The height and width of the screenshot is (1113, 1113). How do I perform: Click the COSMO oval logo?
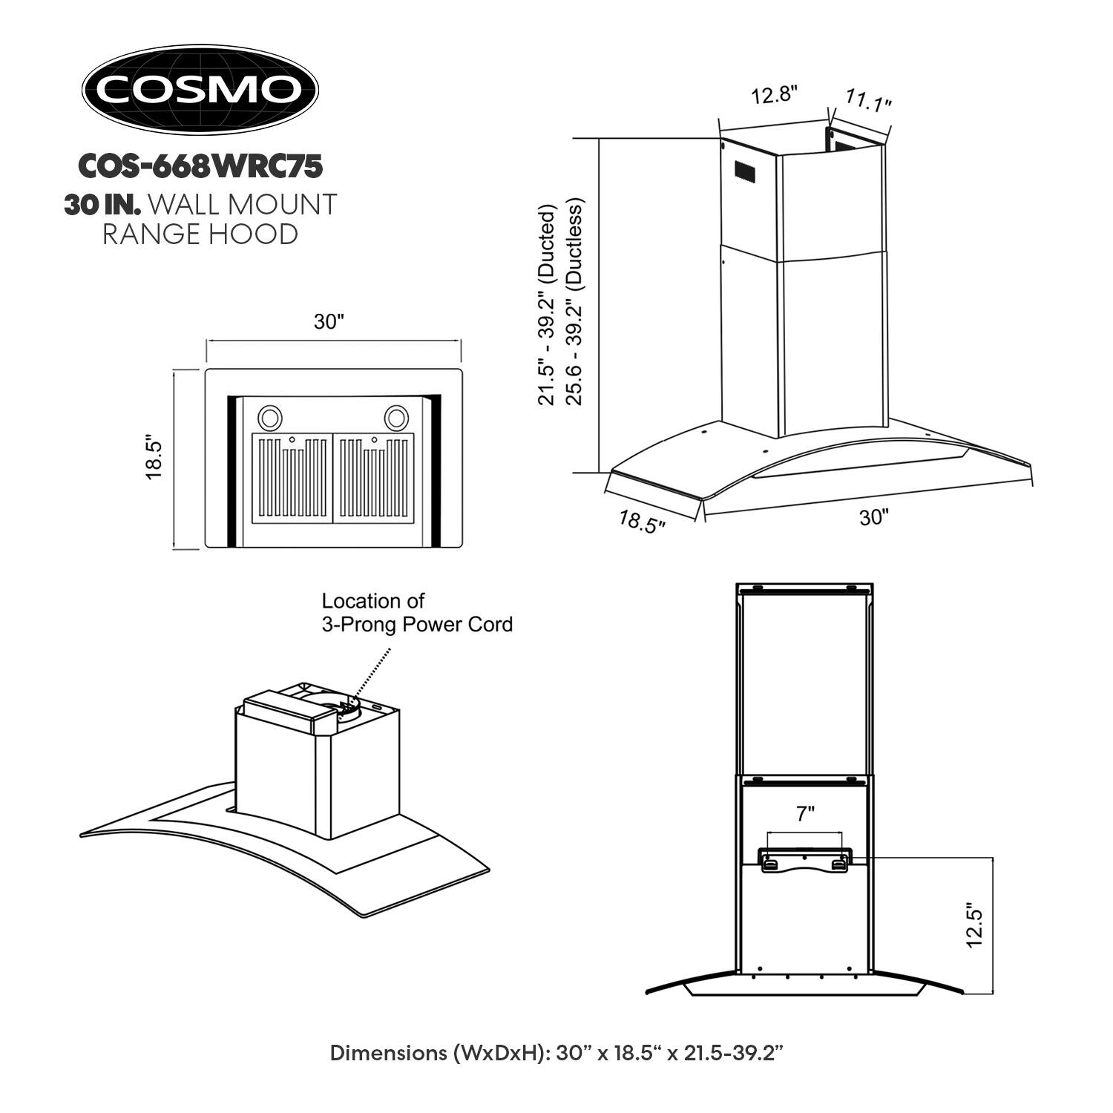point(200,90)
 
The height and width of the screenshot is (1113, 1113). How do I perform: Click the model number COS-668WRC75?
point(200,166)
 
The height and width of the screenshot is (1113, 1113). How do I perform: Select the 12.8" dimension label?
point(774,96)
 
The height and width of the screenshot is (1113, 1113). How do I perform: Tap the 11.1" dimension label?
point(868,101)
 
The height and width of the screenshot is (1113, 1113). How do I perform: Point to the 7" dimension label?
point(805,814)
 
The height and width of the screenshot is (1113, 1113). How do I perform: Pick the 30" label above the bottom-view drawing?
point(329,322)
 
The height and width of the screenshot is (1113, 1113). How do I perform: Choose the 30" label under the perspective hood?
point(874,517)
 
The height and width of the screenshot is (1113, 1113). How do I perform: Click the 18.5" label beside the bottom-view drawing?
point(154,458)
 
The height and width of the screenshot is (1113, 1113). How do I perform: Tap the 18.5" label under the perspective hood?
point(642,522)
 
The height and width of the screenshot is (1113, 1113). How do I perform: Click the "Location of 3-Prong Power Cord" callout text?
point(416,612)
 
